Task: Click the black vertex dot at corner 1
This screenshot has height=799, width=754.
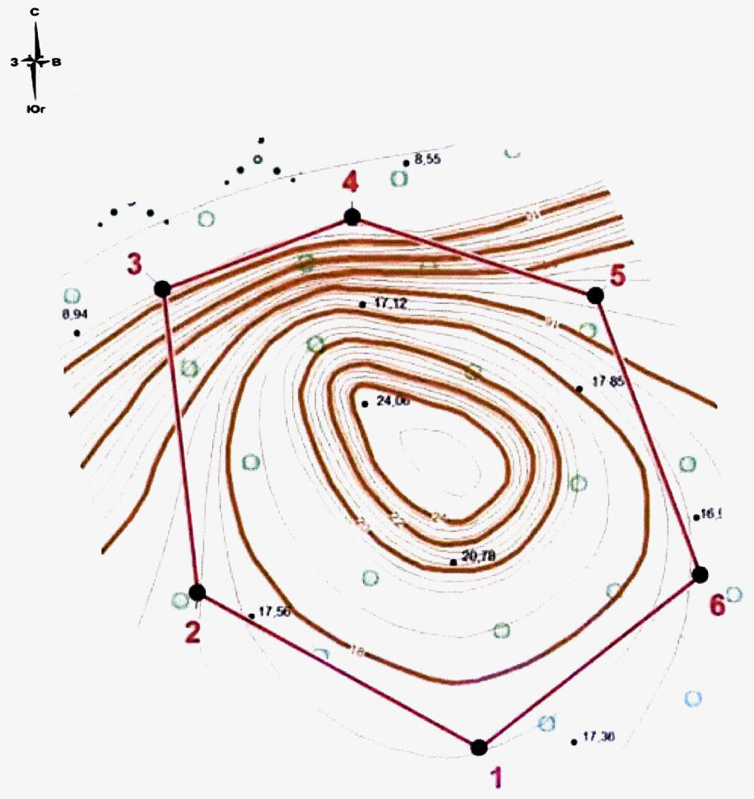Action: click(x=478, y=747)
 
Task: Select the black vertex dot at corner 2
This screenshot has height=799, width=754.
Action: click(x=197, y=592)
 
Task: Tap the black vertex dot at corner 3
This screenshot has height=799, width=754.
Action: click(x=162, y=288)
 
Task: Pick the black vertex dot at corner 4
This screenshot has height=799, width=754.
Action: click(x=352, y=217)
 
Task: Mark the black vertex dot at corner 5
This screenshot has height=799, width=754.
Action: click(x=595, y=295)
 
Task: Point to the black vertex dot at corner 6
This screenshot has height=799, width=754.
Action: click(x=700, y=574)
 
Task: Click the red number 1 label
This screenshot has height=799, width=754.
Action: click(x=496, y=777)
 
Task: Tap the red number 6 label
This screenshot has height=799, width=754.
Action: click(x=717, y=605)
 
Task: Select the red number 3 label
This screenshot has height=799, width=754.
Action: click(x=134, y=264)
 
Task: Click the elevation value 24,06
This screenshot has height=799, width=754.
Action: click(x=393, y=401)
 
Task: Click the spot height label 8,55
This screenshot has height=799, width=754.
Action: click(x=428, y=160)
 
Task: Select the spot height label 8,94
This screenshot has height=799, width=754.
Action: click(x=74, y=314)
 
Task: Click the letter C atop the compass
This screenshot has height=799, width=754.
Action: click(x=35, y=12)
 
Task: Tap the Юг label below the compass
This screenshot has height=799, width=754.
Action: click(x=35, y=108)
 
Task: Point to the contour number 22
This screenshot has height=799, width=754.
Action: click(x=398, y=520)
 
